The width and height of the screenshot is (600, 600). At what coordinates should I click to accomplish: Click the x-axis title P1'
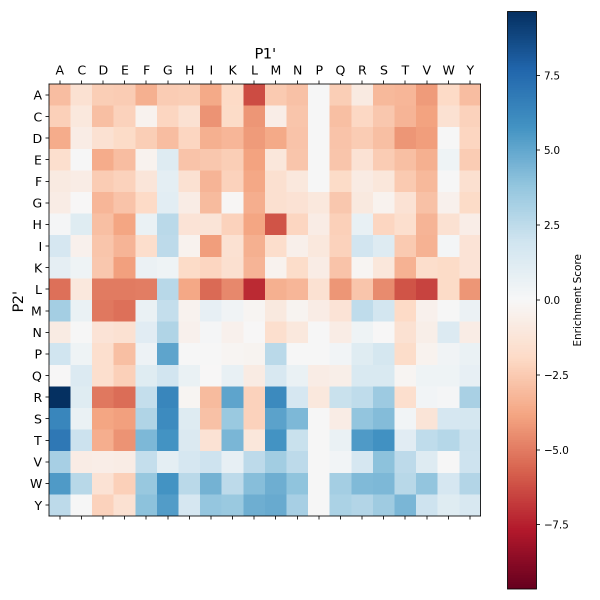[265, 53]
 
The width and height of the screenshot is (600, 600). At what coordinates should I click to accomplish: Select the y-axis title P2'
[18, 300]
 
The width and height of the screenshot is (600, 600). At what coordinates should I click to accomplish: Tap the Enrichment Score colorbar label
[578, 300]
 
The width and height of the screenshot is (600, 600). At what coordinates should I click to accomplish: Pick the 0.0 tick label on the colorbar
[552, 300]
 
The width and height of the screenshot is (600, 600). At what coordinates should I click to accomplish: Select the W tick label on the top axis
[448, 70]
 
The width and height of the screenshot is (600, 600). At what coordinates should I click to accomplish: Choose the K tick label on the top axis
[232, 70]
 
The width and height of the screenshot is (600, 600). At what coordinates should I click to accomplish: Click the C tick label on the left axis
[37, 116]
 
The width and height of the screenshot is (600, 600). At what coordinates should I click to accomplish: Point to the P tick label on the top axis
[319, 70]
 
